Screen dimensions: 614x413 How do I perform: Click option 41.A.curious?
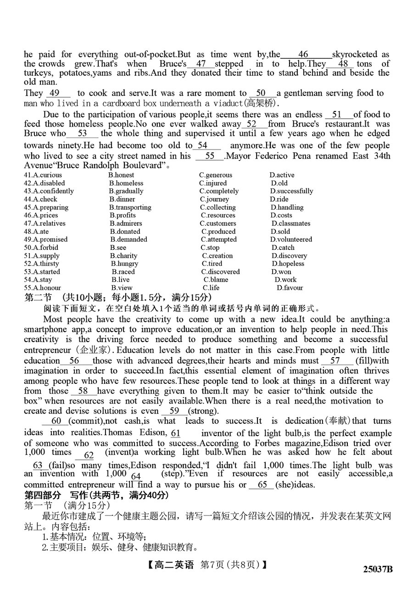43,175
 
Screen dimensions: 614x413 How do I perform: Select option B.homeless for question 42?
126,183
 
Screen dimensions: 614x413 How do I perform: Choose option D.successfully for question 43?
291,191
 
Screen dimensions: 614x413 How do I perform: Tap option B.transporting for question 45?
130,207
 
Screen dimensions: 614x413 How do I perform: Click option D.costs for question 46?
281,216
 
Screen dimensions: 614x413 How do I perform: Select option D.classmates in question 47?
291,224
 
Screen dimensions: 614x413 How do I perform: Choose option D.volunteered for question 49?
291,240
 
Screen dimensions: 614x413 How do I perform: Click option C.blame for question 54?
216,280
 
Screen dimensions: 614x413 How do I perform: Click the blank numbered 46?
303,55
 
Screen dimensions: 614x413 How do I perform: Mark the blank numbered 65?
262,485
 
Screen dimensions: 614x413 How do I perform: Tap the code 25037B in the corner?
378,570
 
